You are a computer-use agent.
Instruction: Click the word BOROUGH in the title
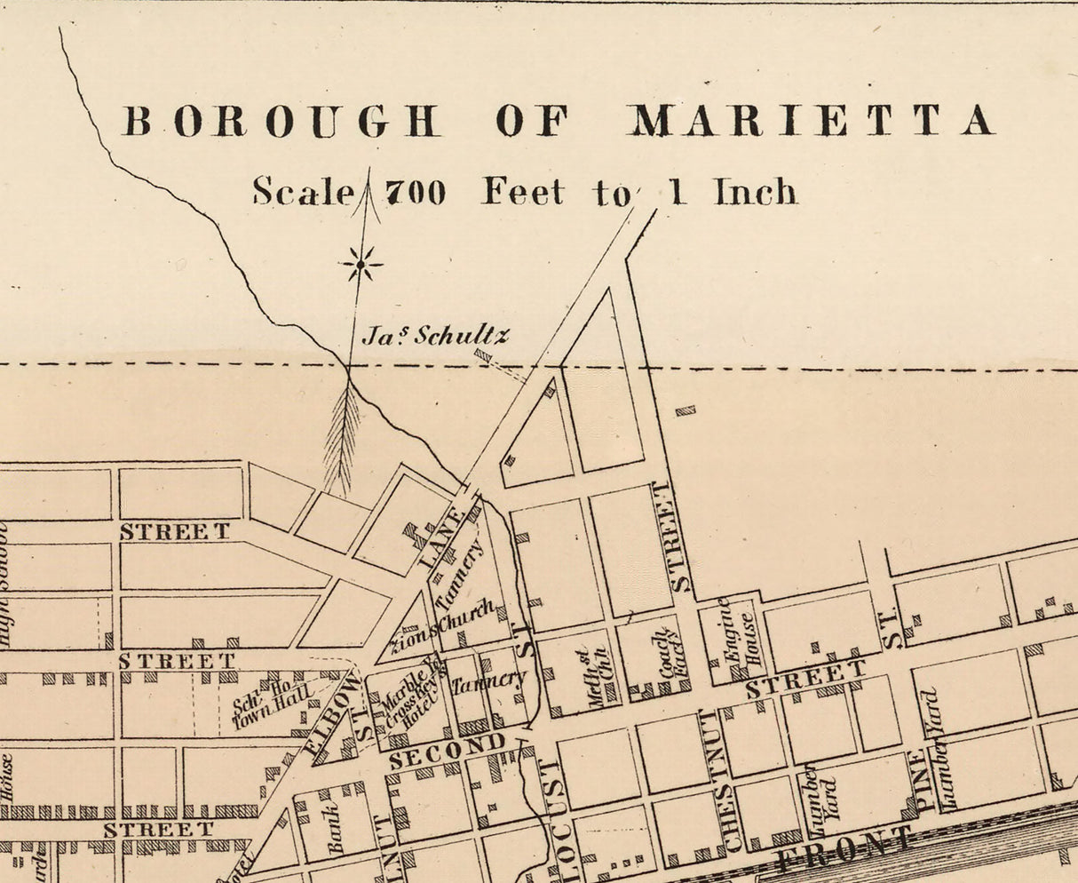[x=281, y=121]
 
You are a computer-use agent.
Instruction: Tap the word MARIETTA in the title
[x=810, y=120]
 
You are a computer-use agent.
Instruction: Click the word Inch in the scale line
[x=755, y=191]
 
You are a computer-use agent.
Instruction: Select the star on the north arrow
[x=361, y=263]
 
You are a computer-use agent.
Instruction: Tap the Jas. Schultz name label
[x=436, y=336]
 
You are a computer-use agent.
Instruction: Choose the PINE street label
[x=918, y=781]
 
